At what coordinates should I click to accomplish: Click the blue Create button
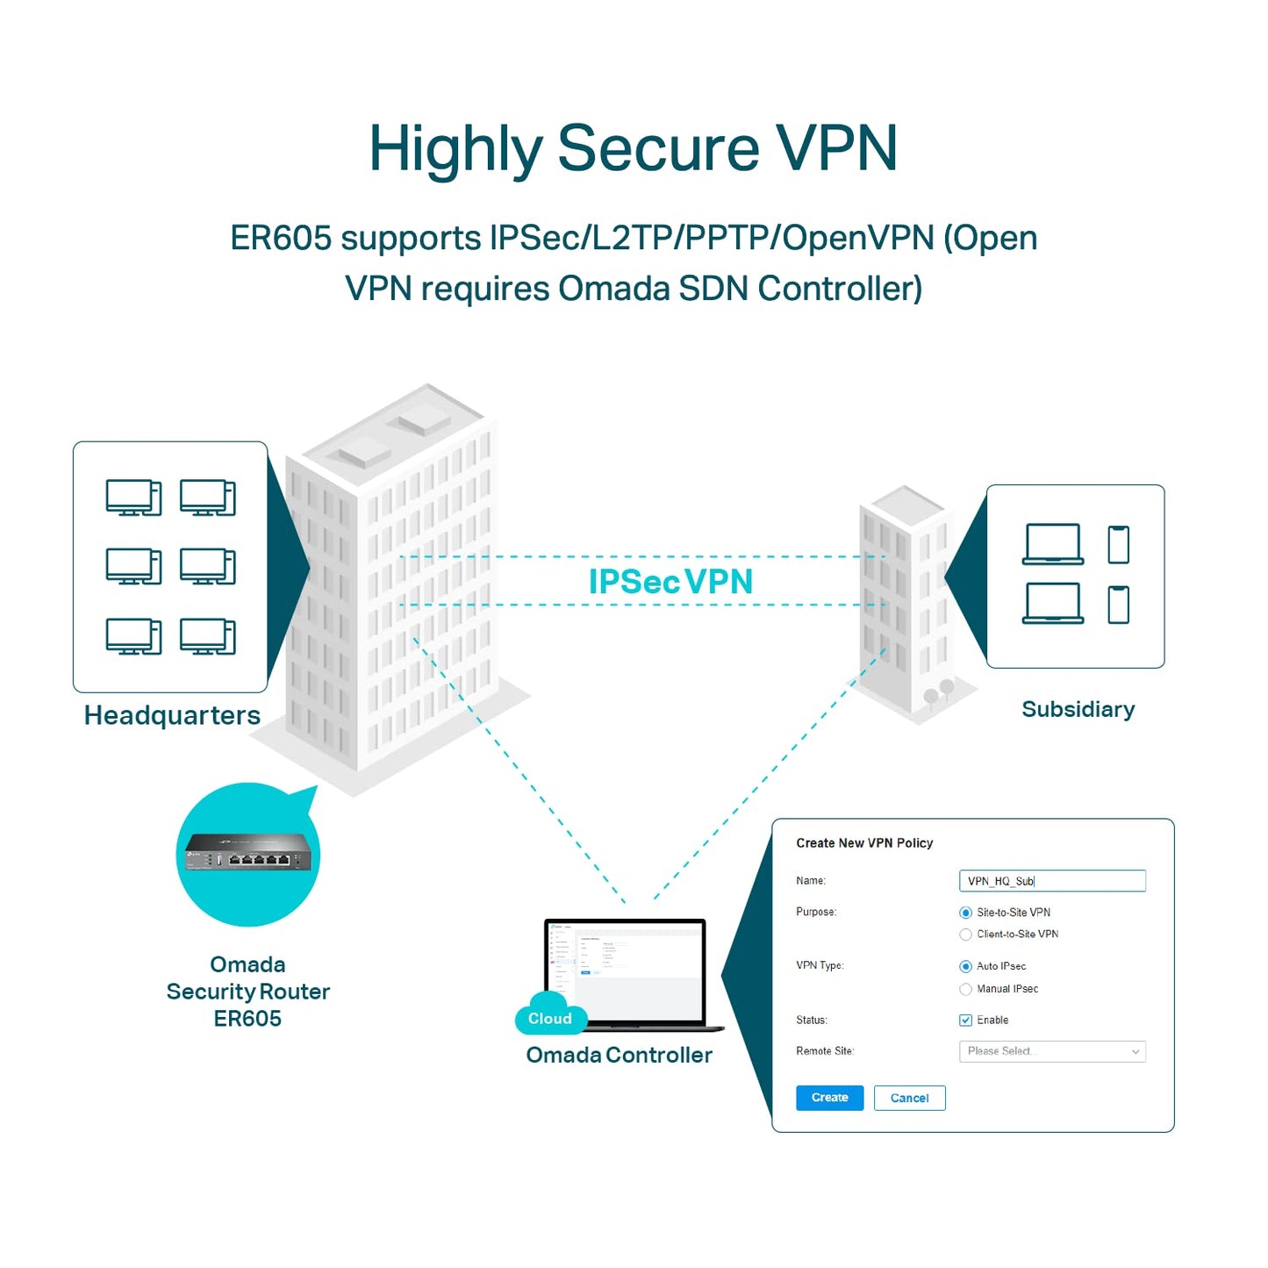[829, 1098]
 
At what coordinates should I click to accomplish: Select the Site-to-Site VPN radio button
[966, 913]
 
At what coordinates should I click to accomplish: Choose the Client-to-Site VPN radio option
[966, 935]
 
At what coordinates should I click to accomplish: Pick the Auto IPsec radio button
[966, 966]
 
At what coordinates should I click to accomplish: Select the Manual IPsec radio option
[966, 989]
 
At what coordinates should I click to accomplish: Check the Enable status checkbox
[966, 1021]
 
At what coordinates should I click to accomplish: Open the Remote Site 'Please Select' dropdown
[1052, 1051]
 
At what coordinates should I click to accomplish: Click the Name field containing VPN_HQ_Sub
[1052, 881]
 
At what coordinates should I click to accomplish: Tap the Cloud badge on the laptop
[550, 1018]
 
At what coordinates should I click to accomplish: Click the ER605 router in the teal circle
[248, 853]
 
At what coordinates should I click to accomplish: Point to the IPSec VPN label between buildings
[670, 582]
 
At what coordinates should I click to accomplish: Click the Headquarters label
[172, 715]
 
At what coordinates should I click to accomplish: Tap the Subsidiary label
[1078, 709]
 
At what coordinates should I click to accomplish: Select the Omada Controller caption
[619, 1055]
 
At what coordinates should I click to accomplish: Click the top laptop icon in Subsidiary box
[1053, 544]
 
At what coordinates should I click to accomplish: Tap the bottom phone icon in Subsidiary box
[1118, 605]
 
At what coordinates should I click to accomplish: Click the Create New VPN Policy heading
[864, 843]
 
